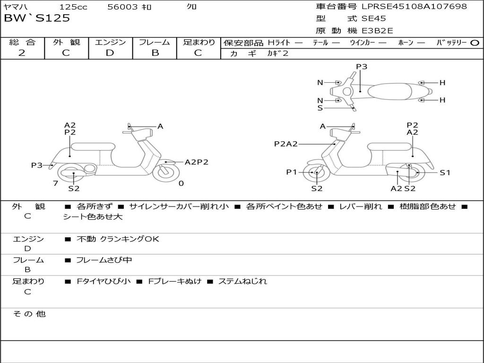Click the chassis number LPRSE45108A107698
(x=414, y=7)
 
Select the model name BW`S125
(x=37, y=18)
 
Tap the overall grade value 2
(x=22, y=53)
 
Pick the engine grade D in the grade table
(x=110, y=53)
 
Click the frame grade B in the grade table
(x=155, y=53)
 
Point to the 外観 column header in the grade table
(x=66, y=42)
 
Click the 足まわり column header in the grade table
(x=199, y=42)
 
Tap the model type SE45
(x=373, y=19)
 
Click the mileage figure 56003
(x=122, y=7)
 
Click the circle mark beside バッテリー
(x=475, y=43)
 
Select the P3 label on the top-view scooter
(x=362, y=67)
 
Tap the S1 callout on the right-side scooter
(x=445, y=173)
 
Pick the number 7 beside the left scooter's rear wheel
(x=55, y=183)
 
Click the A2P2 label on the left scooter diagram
(x=196, y=162)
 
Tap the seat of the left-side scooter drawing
(x=93, y=147)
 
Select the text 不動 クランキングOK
(x=118, y=239)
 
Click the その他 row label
(x=29, y=314)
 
